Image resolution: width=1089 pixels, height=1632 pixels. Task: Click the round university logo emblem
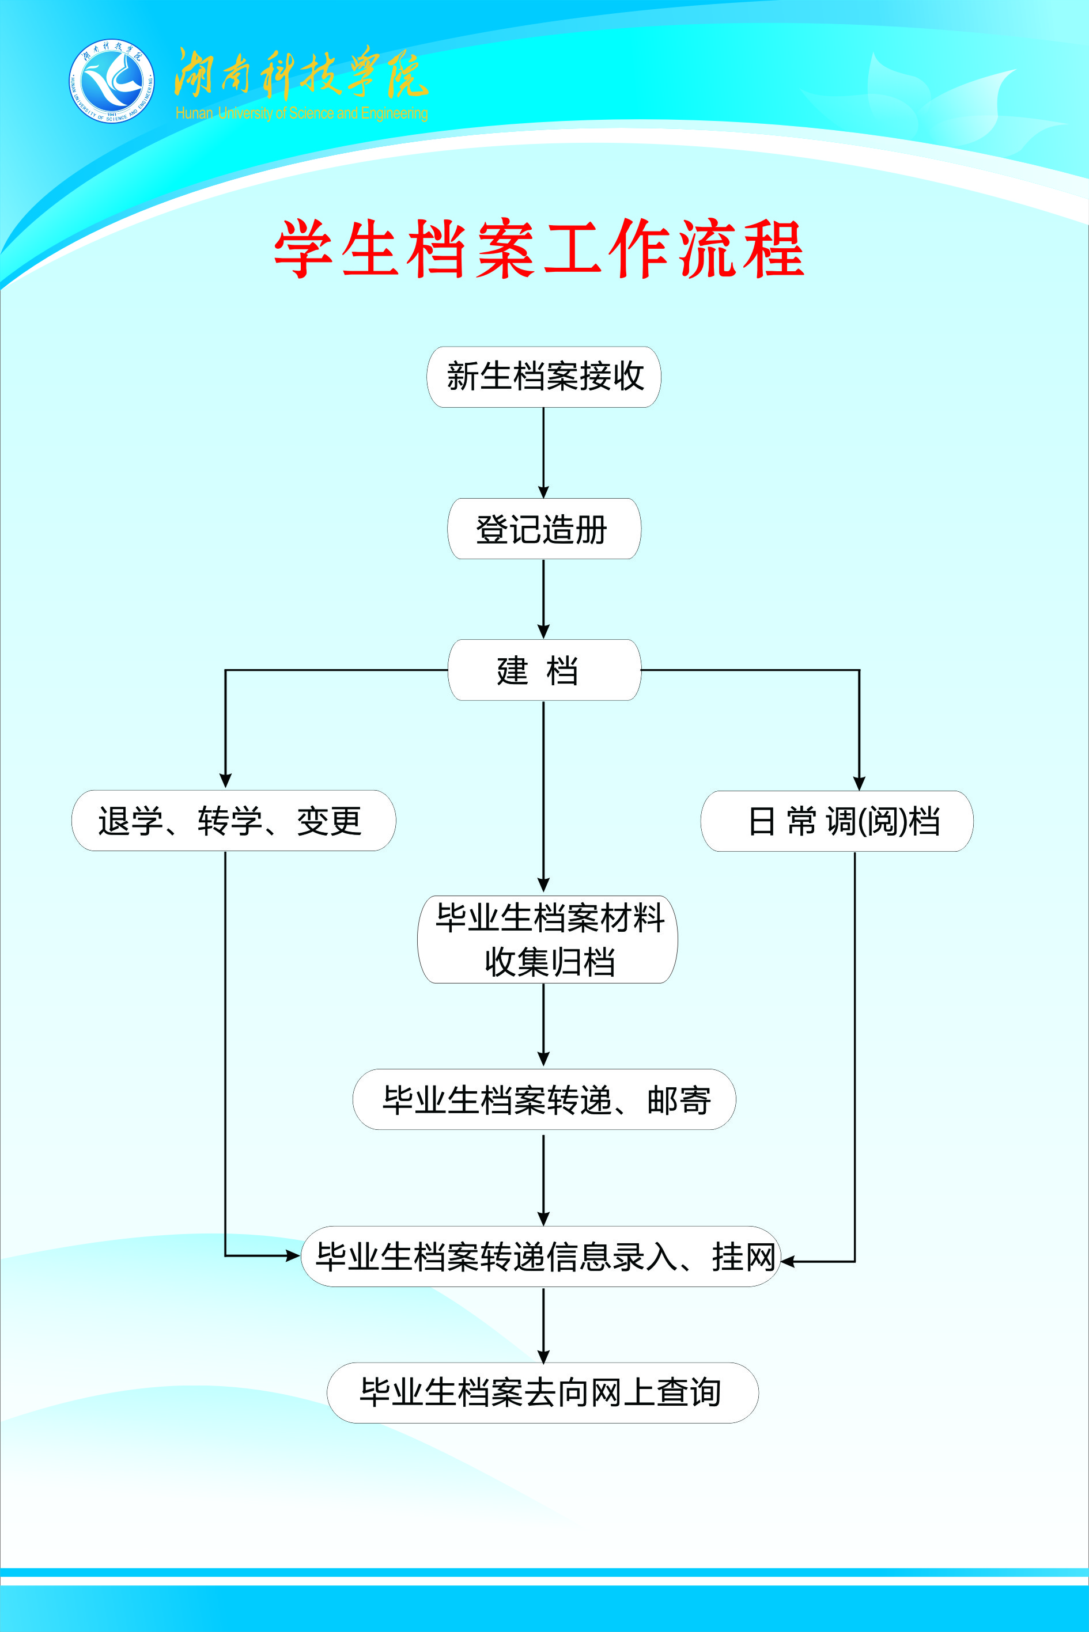pyautogui.click(x=111, y=81)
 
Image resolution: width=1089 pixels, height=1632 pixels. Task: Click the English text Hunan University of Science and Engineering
pyautogui.click(x=301, y=113)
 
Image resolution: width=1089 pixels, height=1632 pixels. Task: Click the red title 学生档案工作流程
pyautogui.click(x=539, y=249)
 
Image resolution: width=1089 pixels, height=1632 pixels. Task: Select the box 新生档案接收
pyautogui.click(x=544, y=377)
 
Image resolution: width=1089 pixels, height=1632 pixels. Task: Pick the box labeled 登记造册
pyautogui.click(x=544, y=529)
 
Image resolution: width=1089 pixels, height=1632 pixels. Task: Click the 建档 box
pyautogui.click(x=544, y=670)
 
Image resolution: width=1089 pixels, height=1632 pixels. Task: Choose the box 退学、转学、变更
pyautogui.click(x=233, y=821)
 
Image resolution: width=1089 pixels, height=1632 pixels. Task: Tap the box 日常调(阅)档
pyautogui.click(x=837, y=821)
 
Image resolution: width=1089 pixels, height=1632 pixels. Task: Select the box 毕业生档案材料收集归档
pyautogui.click(x=547, y=939)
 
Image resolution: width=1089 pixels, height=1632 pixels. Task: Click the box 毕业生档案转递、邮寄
pyautogui.click(x=544, y=1099)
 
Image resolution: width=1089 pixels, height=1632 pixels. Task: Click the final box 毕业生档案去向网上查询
pyautogui.click(x=542, y=1392)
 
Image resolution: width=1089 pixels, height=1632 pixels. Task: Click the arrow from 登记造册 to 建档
pyautogui.click(x=544, y=598)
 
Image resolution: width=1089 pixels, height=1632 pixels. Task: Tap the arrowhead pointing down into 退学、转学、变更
pyautogui.click(x=225, y=780)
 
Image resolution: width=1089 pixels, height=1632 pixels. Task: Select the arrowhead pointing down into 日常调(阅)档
pyautogui.click(x=859, y=783)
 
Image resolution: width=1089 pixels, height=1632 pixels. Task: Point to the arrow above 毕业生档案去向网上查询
pyautogui.click(x=544, y=1326)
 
